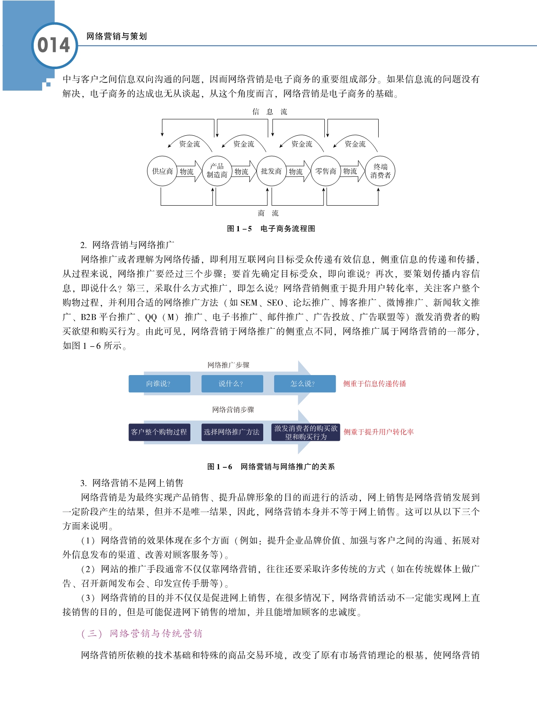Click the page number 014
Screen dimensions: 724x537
54,45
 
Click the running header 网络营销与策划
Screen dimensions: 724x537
117,36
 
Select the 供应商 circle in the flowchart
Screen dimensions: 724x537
162,171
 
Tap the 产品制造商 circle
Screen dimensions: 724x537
217,171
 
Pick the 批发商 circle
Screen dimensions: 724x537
271,171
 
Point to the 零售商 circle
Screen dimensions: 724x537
326,171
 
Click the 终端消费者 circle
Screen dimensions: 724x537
380,171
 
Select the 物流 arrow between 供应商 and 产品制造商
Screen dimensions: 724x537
188,172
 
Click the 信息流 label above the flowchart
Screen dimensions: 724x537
270,112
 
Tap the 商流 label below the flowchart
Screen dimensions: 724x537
268,213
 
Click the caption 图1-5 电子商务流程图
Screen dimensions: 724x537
271,229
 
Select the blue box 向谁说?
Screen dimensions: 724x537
159,384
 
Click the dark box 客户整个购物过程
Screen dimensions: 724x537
159,432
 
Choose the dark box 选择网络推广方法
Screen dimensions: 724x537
232,432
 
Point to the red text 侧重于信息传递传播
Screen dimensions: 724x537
374,384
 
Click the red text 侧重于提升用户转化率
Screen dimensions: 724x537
379,432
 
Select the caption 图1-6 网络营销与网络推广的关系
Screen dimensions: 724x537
271,467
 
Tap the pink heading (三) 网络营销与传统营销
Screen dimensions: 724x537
142,634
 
